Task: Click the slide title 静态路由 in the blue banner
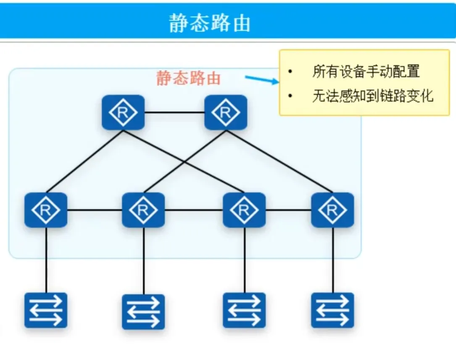click(x=209, y=22)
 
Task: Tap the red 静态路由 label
click(x=189, y=78)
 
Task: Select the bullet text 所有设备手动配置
click(x=366, y=71)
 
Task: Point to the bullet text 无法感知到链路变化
click(x=372, y=96)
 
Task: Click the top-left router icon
click(x=123, y=112)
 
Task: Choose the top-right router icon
click(x=226, y=112)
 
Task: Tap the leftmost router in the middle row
click(x=46, y=210)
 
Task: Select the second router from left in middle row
click(x=143, y=210)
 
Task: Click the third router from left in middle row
click(x=244, y=210)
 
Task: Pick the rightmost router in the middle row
click(x=332, y=210)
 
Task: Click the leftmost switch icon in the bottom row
click(x=46, y=310)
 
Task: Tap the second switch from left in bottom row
click(x=143, y=312)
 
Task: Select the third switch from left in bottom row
click(x=244, y=310)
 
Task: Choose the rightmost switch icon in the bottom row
click(x=332, y=310)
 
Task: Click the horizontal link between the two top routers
click(x=174, y=112)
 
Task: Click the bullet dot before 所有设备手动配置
click(x=290, y=72)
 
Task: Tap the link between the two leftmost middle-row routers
click(x=95, y=210)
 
